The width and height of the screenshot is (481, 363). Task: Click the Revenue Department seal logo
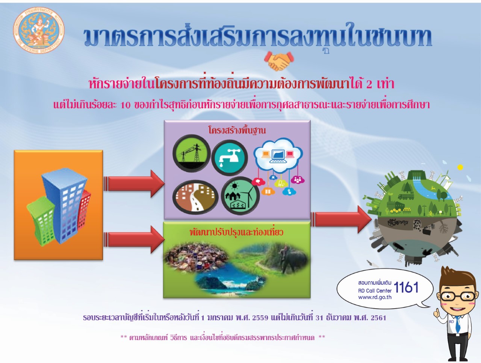coord(39,30)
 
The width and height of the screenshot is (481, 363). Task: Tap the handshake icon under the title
coord(279,61)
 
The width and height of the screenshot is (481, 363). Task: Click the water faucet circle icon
coord(230,158)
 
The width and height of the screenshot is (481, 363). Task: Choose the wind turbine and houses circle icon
coord(240,196)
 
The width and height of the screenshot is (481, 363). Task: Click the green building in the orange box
coord(42,221)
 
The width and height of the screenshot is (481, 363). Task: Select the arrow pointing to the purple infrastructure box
coord(134,184)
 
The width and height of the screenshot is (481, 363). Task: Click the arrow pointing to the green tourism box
coord(134,239)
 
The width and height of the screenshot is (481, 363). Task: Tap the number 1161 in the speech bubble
coord(406,287)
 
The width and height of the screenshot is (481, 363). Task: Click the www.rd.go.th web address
coord(375,297)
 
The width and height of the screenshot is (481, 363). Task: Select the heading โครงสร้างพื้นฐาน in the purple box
coord(237,130)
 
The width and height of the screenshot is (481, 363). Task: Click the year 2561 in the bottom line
coord(378,318)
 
